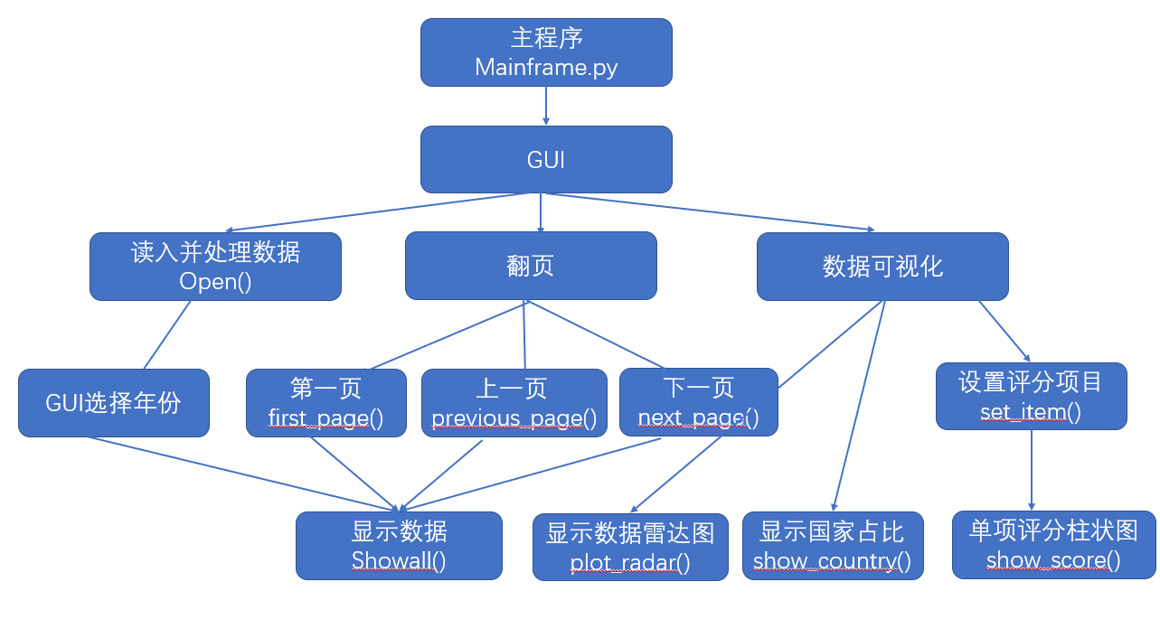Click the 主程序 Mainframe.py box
546,52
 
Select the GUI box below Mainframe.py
546,159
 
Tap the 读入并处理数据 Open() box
215,267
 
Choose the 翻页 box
531,266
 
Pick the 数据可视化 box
882,267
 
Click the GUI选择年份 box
114,402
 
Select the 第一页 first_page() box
326,402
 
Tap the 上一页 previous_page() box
514,402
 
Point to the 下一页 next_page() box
699,402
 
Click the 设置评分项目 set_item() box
1031,397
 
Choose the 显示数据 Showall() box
399,546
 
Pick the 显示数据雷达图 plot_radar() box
630,547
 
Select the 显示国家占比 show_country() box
833,546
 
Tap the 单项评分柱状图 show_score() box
1054,545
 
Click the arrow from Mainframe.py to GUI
546,106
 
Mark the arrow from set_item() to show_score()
1032,470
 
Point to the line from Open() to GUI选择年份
166,334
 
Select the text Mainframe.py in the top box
546,68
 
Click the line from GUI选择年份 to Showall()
243,474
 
